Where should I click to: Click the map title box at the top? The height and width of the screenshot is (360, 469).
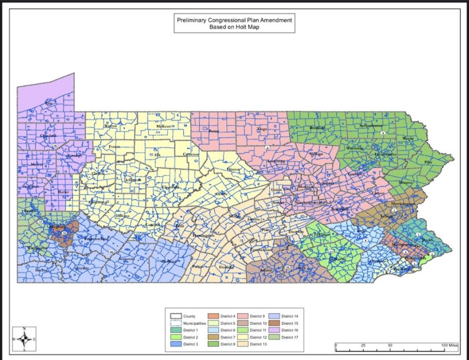click(x=234, y=23)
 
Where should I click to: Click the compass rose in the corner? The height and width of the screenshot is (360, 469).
click(x=23, y=339)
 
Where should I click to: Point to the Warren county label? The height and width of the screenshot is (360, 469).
click(x=111, y=126)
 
